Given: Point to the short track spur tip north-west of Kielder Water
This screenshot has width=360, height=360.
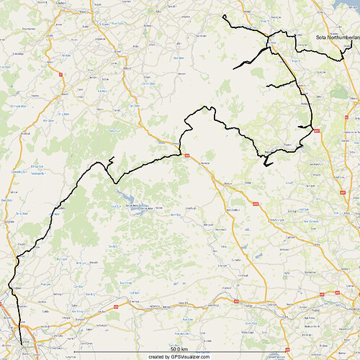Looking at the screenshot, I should coord(114,157).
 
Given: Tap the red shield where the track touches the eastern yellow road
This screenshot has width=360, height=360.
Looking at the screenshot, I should coord(317,130).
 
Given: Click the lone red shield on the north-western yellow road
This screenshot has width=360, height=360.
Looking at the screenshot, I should coord(61,73).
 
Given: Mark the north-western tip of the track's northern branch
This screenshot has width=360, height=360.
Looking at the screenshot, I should coord(225,15).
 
